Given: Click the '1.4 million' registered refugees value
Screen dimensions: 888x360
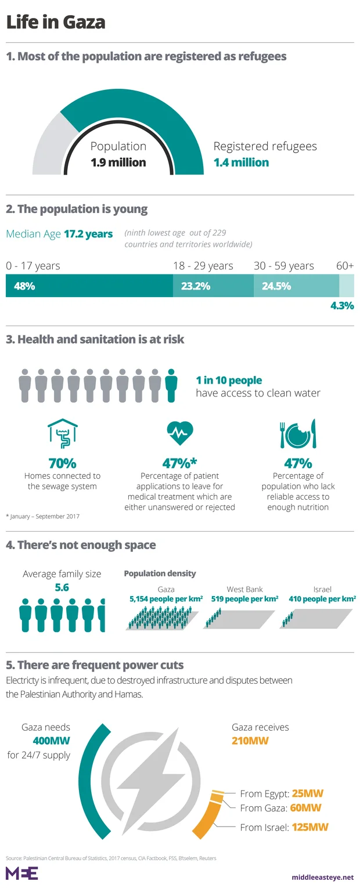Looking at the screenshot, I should (241, 163).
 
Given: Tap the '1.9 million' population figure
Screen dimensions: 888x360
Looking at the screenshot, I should (118, 163).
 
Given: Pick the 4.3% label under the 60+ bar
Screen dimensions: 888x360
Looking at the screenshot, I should (342, 306).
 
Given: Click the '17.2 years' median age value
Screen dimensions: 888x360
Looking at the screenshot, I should (88, 234).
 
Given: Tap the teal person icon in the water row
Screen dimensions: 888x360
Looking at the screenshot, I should (171, 385).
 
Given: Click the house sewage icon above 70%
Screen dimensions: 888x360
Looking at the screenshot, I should (62, 434).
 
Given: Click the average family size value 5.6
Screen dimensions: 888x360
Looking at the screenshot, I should (62, 588).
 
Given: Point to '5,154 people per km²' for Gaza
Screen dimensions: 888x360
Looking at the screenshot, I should (165, 598).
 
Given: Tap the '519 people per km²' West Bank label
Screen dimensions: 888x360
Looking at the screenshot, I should (244, 598).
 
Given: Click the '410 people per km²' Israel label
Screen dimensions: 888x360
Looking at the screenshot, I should (322, 598).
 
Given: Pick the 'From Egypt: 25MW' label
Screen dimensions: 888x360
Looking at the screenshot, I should (281, 793).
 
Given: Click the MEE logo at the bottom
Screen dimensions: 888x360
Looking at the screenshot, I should (21, 873).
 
